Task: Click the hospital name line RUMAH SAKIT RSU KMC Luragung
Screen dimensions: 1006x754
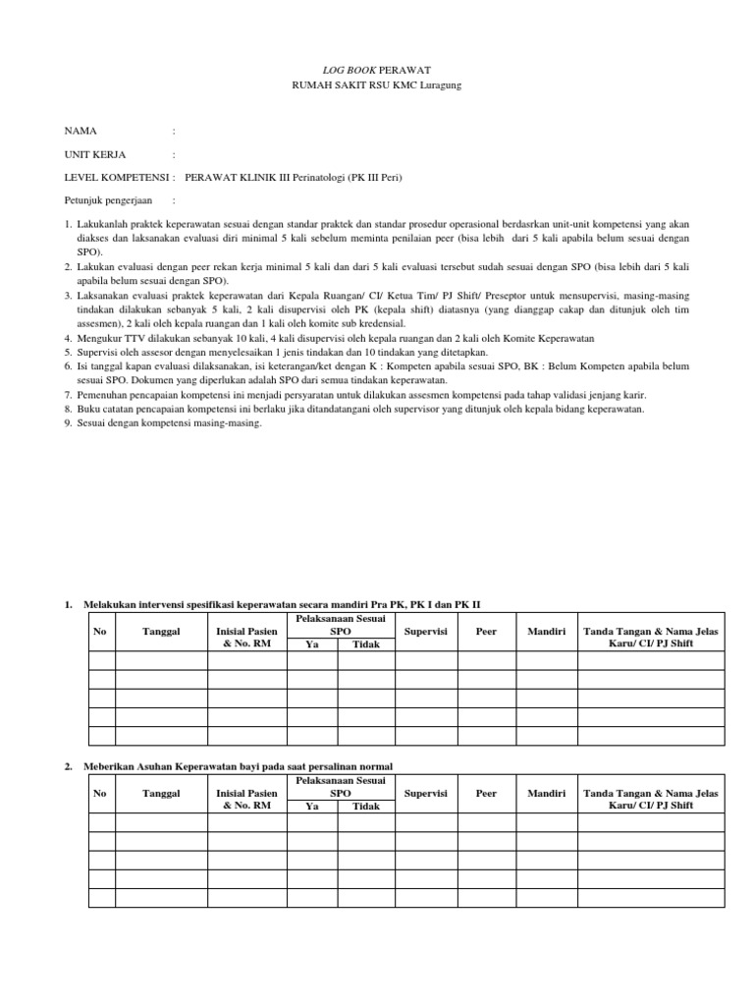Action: coord(378,85)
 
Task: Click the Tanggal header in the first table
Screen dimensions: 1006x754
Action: coord(160,631)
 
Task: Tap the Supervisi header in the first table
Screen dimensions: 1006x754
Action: coord(425,631)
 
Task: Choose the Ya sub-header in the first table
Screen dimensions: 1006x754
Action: coord(312,644)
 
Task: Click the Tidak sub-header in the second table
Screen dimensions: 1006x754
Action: coord(365,807)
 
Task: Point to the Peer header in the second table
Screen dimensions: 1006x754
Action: coord(486,793)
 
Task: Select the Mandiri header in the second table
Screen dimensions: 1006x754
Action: coord(546,793)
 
